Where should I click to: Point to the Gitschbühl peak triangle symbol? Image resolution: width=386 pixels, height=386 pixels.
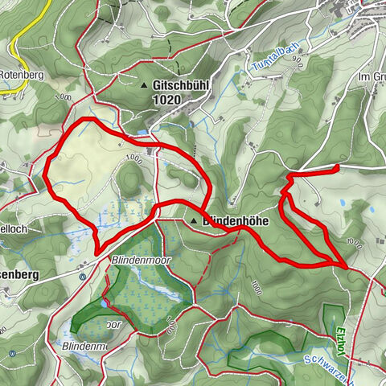[144, 85]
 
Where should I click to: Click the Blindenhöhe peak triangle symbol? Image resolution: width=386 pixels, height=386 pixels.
[194, 219]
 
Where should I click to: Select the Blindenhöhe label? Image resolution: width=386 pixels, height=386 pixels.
[235, 219]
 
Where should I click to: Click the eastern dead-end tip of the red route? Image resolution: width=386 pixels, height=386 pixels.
[335, 167]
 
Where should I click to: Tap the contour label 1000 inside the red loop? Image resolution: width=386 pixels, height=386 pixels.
[133, 159]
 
